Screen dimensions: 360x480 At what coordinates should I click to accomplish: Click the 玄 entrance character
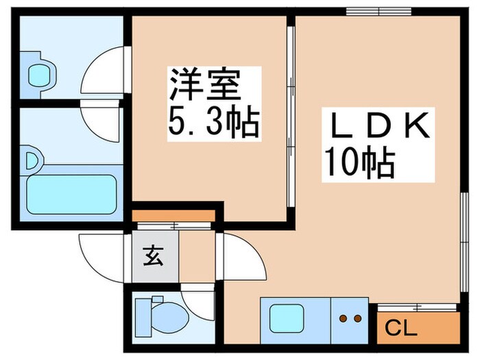(153, 259)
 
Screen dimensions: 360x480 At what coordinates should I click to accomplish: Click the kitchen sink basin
(287, 318)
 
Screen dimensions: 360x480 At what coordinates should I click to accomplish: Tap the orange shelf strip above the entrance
(173, 217)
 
